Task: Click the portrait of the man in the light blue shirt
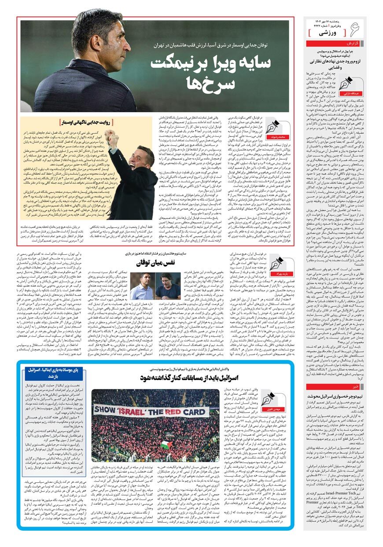tap(142, 286)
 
